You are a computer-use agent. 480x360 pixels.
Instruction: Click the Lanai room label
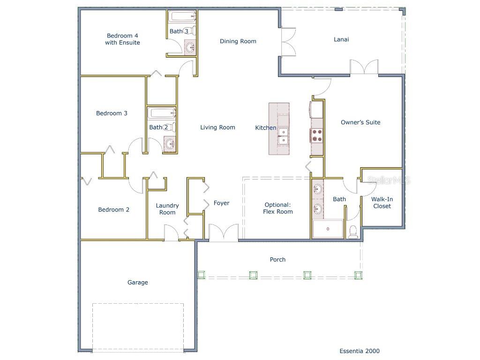pyautogui.click(x=341, y=39)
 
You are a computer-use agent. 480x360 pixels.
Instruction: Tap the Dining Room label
pyautogui.click(x=238, y=41)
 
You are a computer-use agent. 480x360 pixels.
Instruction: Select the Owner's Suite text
pyautogui.click(x=360, y=122)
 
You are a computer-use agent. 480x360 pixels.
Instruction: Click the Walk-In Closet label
pyautogui.click(x=382, y=202)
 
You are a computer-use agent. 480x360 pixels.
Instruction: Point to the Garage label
pyautogui.click(x=138, y=282)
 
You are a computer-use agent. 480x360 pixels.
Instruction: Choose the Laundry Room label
pyautogui.click(x=167, y=209)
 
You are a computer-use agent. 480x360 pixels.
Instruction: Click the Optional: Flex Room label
pyautogui.click(x=278, y=208)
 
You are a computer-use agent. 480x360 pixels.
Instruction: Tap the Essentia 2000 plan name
pyautogui.click(x=360, y=351)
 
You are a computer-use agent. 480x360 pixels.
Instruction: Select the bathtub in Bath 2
pyautogui.click(x=161, y=113)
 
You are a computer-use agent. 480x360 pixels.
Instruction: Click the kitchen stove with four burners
pyautogui.click(x=317, y=135)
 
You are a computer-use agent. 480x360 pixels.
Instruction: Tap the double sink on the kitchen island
pyautogui.click(x=283, y=136)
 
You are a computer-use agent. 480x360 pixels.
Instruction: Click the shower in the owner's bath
pyautogui.click(x=328, y=229)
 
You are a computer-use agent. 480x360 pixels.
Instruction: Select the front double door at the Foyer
pyautogui.click(x=224, y=233)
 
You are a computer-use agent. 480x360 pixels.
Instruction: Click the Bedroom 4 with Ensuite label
pyautogui.click(x=122, y=39)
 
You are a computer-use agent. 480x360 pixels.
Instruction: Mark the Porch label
pyautogui.click(x=277, y=259)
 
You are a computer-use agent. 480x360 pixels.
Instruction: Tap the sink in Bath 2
pyautogui.click(x=170, y=144)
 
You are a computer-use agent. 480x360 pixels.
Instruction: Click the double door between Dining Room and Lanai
pyautogui.click(x=287, y=42)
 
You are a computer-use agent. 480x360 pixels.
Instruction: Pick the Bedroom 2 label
pyautogui.click(x=113, y=210)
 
